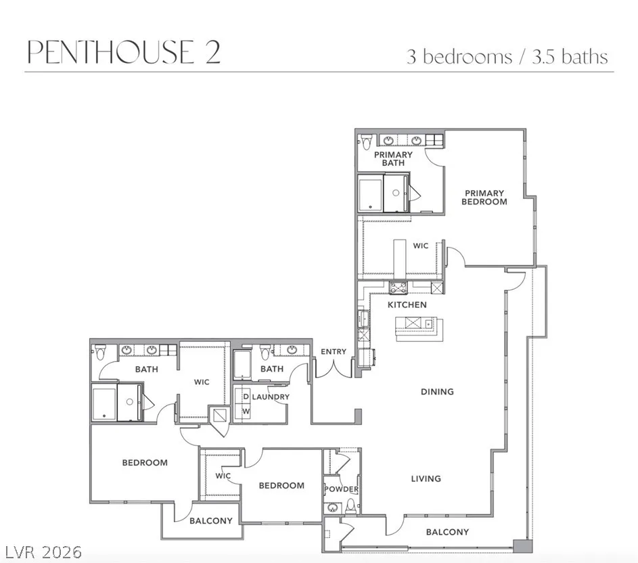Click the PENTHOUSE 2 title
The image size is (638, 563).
(x=124, y=51)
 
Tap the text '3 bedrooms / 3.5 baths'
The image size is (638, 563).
(x=507, y=57)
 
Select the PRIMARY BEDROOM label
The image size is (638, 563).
(x=484, y=198)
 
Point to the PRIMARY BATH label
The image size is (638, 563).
(x=393, y=159)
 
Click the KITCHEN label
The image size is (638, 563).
(x=407, y=305)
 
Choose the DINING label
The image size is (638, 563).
(x=437, y=392)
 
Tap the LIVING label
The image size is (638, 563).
(x=426, y=478)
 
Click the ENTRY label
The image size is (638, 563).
(x=334, y=352)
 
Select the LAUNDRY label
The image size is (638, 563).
(x=271, y=397)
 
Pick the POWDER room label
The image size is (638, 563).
(x=342, y=489)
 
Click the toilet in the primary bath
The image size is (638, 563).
(x=366, y=141)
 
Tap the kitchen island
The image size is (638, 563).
(x=419, y=328)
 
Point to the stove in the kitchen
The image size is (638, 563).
(x=398, y=288)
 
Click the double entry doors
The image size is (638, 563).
(x=334, y=368)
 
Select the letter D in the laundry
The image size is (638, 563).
(x=246, y=397)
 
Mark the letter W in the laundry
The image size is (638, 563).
(x=246, y=411)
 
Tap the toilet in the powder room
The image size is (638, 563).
(x=350, y=506)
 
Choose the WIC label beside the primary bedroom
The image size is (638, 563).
(x=420, y=246)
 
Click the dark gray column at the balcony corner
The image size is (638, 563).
(x=522, y=546)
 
